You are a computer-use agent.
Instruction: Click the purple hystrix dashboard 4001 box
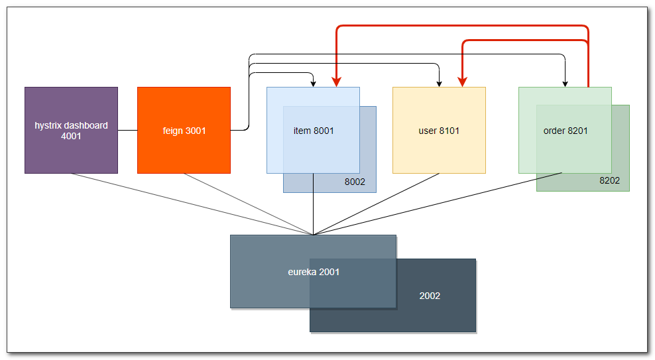pyautogui.click(x=71, y=152)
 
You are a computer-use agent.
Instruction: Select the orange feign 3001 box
pyautogui.click(x=184, y=152)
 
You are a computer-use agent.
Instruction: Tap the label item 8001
pyautogui.click(x=314, y=131)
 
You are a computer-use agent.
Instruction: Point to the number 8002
pyautogui.click(x=355, y=182)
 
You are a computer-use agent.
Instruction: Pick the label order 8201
pyautogui.click(x=566, y=131)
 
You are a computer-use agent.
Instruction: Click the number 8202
pyautogui.click(x=609, y=180)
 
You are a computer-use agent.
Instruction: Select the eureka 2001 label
pyautogui.click(x=314, y=272)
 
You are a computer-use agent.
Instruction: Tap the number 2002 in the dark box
pyautogui.click(x=430, y=296)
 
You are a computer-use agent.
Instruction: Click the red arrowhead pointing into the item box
pyautogui.click(x=337, y=82)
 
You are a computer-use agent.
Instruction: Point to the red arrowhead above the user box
pyautogui.click(x=462, y=82)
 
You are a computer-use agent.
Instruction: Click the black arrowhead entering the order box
pyautogui.click(x=565, y=84)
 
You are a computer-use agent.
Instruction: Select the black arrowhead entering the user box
pyautogui.click(x=439, y=84)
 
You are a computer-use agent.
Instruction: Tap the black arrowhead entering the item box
pyautogui.click(x=313, y=84)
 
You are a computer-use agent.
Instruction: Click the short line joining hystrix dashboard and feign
pyautogui.click(x=127, y=131)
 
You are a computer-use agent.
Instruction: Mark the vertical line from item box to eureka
pyautogui.click(x=313, y=212)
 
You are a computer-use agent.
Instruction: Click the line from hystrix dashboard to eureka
pyautogui.click(x=192, y=204)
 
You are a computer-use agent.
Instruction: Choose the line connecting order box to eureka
pyautogui.click(x=438, y=204)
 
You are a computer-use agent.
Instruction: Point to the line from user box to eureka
pyautogui.click(x=376, y=204)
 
